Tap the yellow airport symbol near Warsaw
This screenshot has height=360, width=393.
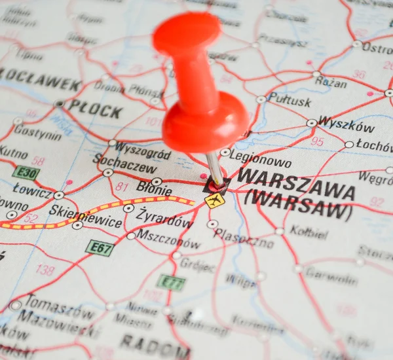214,200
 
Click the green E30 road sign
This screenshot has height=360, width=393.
26,173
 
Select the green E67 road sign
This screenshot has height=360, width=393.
100,248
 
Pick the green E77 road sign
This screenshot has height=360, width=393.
171,283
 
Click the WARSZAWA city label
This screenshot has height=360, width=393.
296,184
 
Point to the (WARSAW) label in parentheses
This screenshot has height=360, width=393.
298,204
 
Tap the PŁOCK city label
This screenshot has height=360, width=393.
95,109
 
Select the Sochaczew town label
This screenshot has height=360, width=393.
124,163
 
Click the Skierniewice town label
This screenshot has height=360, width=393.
84,216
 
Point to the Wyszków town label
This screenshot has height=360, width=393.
346,126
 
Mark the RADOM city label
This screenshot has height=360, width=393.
154,344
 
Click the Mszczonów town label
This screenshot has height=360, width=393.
168,240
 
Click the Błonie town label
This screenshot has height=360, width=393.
154,189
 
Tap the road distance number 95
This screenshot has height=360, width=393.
317,141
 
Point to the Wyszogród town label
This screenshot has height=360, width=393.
143,151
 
